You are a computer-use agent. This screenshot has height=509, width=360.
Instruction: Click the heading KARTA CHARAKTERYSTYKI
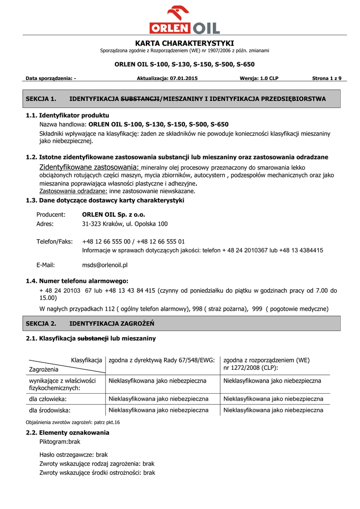pos(184,43)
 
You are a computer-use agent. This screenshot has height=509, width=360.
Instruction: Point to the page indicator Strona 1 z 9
pos(330,79)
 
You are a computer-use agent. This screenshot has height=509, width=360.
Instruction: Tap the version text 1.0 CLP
pos(269,79)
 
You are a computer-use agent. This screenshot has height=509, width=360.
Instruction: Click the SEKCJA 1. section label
pos(41,99)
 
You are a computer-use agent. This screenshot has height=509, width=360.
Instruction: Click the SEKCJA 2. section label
pos(41,324)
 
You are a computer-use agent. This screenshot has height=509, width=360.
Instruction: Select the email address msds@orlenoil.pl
pos(105,265)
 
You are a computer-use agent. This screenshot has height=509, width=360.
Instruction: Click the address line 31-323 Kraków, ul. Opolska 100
pos(125,224)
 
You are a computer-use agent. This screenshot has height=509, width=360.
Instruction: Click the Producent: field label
pos(51,215)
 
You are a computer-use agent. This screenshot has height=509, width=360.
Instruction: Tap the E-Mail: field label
pos(46,265)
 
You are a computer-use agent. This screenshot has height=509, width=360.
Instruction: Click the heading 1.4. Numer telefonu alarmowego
pos(77,281)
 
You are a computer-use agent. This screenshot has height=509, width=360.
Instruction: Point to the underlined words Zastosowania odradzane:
pos(73,191)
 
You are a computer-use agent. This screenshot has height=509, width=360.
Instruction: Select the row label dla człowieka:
pos(48,399)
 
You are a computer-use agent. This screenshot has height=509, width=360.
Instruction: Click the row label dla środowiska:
pos(50,411)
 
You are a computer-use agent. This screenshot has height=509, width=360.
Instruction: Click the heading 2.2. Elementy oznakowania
pos(68,432)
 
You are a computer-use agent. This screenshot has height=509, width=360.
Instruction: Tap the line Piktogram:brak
pos(60,441)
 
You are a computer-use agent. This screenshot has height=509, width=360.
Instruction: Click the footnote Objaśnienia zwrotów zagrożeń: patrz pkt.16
pos(73,422)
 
